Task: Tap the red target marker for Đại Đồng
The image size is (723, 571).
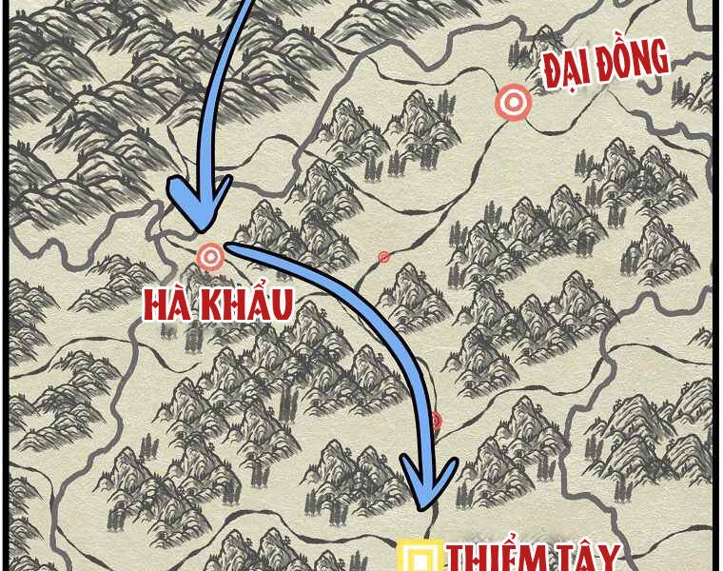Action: (514, 103)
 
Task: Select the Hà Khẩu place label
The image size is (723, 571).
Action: (218, 303)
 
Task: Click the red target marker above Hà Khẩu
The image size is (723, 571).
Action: (210, 255)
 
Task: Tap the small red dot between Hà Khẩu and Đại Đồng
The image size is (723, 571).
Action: (384, 257)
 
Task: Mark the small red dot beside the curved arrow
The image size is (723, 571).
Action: (436, 421)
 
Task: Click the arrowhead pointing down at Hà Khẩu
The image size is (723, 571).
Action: (200, 205)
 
